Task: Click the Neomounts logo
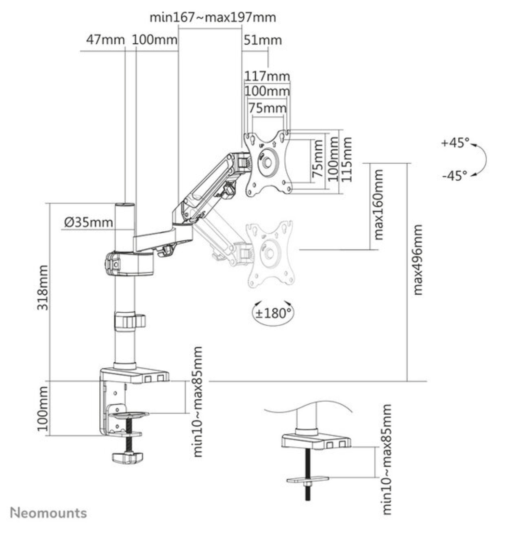[x=49, y=513]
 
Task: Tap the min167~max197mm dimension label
[x=213, y=17]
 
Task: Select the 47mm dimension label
[x=106, y=40]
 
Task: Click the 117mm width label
[x=268, y=76]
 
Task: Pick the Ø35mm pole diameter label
[x=88, y=222]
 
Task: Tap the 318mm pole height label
[x=42, y=287]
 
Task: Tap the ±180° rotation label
[x=273, y=313]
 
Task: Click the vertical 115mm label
[x=347, y=159]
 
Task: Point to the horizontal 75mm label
[x=268, y=108]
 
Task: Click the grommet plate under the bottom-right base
[x=308, y=479]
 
